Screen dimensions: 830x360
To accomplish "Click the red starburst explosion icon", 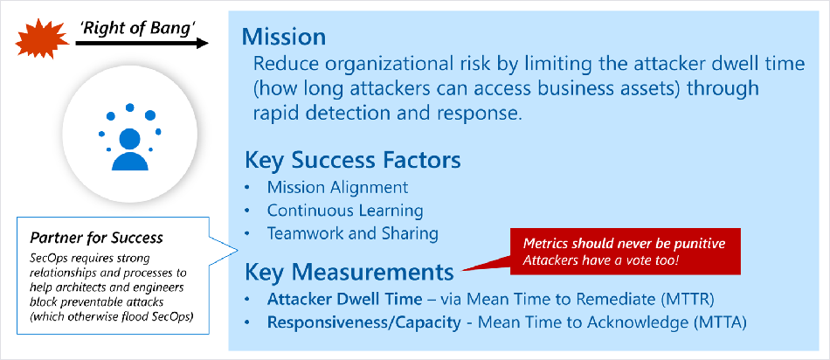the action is click(x=43, y=39).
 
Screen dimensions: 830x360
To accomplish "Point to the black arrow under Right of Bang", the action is click(x=142, y=44).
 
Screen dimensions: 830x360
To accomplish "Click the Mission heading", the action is click(x=284, y=38).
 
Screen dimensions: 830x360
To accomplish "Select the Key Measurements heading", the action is click(x=349, y=272).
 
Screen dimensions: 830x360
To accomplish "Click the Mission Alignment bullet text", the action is click(x=338, y=187).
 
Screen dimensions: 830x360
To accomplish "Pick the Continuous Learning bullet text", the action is click(x=345, y=211).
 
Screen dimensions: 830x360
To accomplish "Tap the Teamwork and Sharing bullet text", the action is click(x=353, y=233).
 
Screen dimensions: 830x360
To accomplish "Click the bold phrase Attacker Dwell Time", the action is click(x=344, y=299).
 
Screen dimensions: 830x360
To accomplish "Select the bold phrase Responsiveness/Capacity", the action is click(x=363, y=322).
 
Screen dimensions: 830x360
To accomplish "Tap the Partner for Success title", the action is click(x=96, y=238).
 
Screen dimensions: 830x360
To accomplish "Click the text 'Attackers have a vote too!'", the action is click(x=600, y=260).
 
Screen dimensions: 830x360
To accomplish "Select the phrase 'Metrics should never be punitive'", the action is click(x=624, y=244).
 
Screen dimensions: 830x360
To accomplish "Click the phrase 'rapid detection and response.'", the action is click(x=387, y=113).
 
